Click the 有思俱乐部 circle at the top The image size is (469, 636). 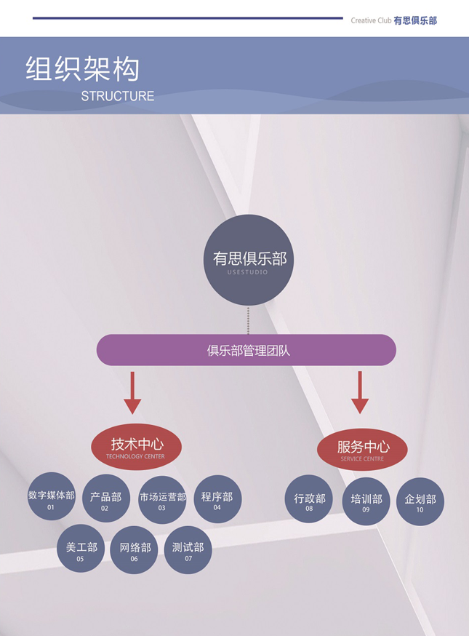248,260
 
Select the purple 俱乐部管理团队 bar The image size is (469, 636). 246,350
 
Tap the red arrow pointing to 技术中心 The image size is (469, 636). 132,393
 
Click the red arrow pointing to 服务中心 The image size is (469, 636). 360,393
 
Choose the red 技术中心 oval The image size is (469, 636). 136,448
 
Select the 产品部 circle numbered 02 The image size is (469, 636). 106,499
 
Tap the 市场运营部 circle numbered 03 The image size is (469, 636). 162,500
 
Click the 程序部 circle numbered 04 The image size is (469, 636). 217,499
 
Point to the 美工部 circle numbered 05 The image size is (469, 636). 81,549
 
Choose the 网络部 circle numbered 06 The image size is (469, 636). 135,549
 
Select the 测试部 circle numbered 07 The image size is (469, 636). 188,549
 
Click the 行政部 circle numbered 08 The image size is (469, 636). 309,500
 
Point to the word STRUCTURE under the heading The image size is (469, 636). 117,96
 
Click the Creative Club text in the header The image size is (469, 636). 371,21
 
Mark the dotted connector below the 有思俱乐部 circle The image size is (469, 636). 248,320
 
